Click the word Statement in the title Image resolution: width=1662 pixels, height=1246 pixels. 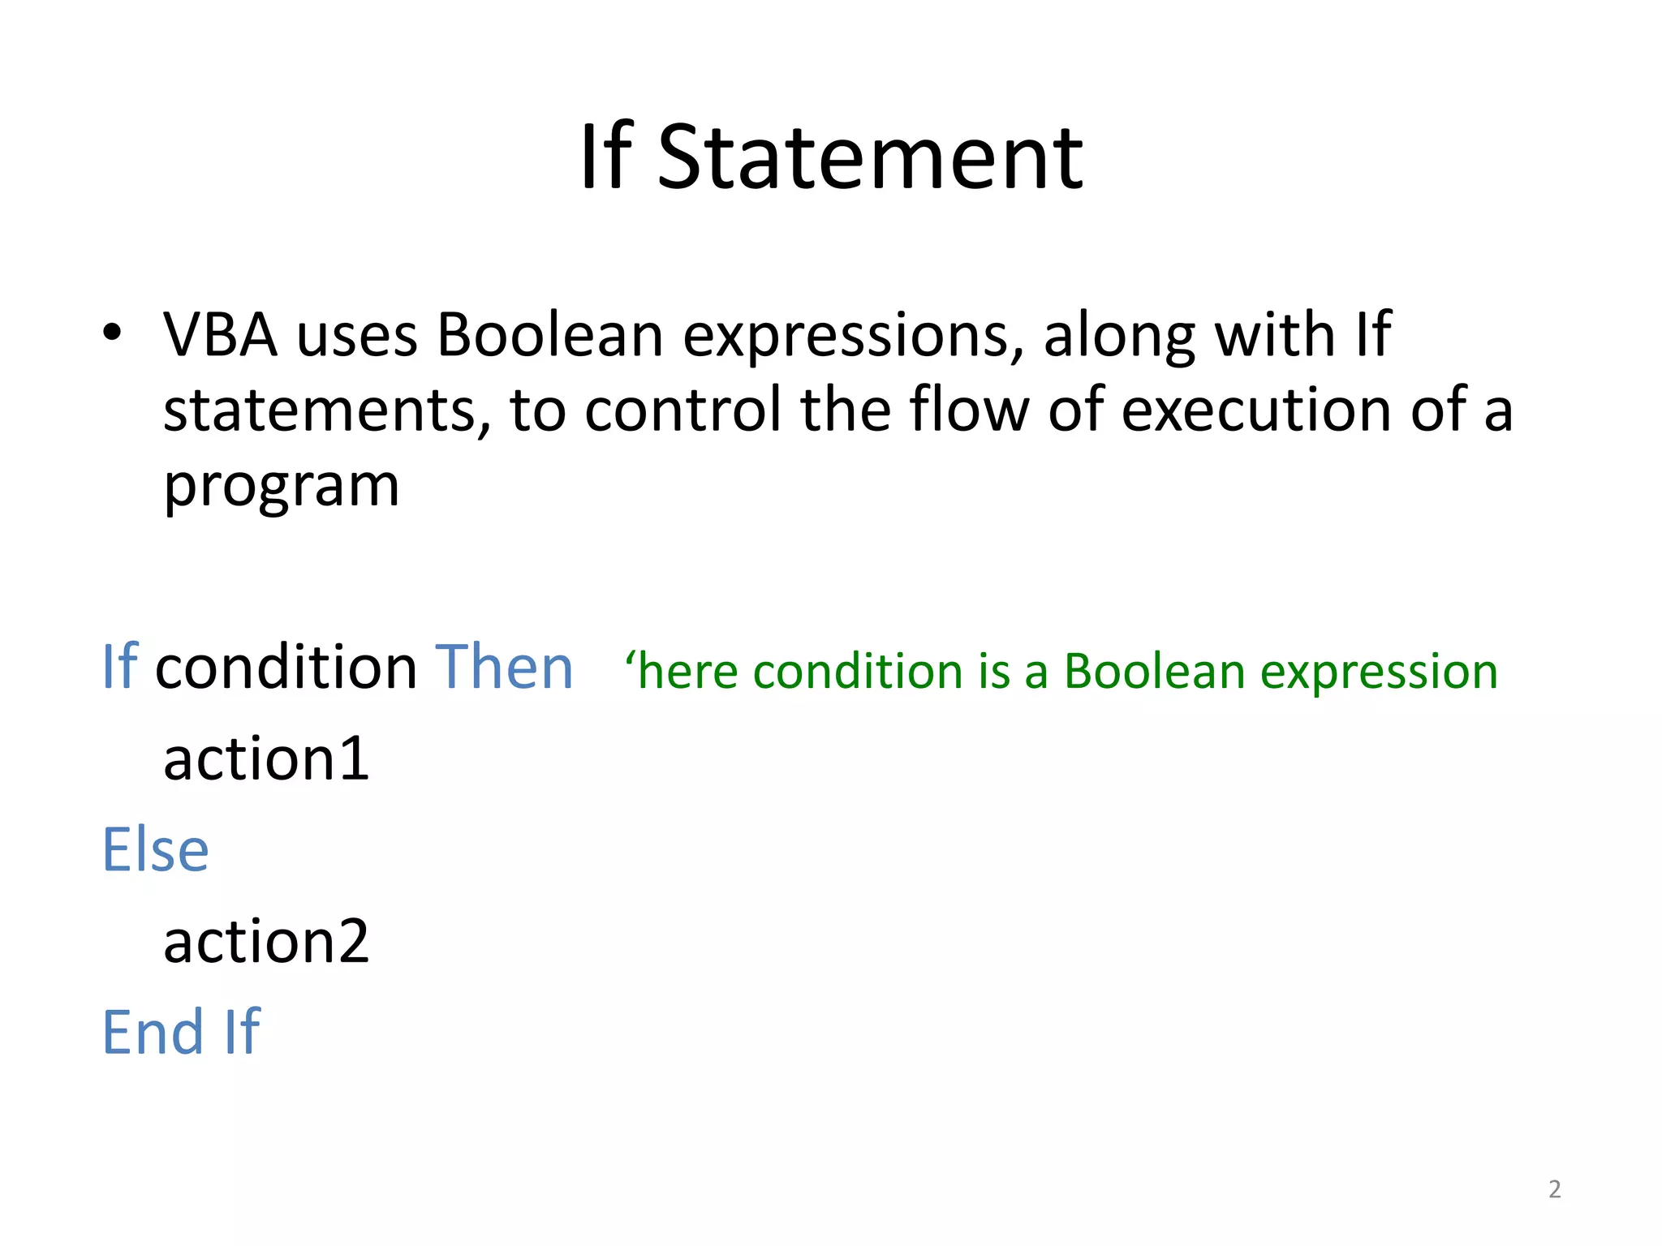click(x=870, y=157)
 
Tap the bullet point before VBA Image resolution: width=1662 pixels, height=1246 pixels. click(x=112, y=332)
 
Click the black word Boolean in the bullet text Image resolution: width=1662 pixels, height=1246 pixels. click(x=550, y=334)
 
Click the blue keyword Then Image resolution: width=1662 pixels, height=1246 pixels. click(x=504, y=667)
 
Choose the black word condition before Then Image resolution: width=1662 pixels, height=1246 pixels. click(x=286, y=667)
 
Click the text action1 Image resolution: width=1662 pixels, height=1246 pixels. click(x=266, y=759)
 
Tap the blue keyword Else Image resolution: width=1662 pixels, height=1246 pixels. click(x=156, y=850)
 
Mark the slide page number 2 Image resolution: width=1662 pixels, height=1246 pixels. click(x=1554, y=1189)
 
